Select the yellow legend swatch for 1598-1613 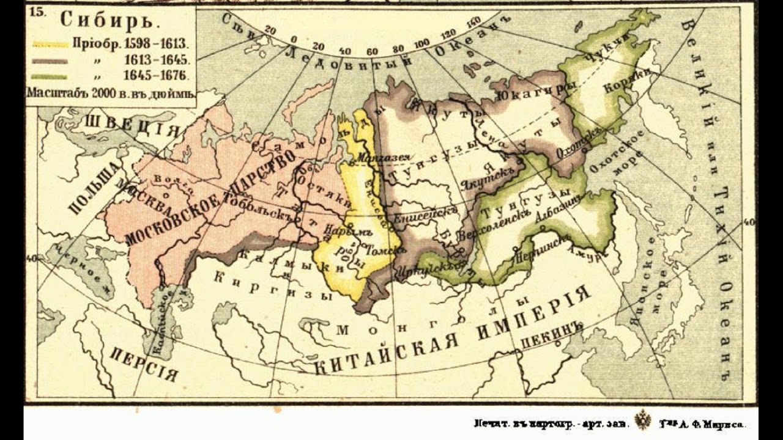[x=50, y=44]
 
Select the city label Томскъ [x=382, y=251]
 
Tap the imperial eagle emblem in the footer [x=642, y=420]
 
